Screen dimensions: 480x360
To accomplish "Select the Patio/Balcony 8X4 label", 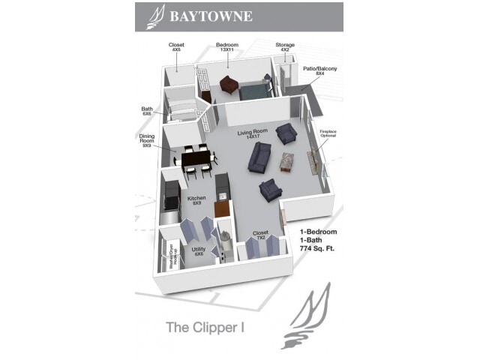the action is click(x=320, y=71).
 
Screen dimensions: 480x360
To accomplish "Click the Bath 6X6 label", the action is click(x=147, y=111).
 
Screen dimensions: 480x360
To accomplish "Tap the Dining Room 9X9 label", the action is click(x=147, y=140).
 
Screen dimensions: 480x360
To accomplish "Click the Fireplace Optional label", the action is click(x=328, y=134).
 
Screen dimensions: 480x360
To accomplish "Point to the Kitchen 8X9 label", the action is click(x=196, y=201).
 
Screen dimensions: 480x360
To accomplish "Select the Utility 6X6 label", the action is click(x=199, y=252).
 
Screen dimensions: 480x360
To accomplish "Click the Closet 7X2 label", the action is click(x=261, y=235).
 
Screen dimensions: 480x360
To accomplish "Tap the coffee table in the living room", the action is click(x=287, y=161).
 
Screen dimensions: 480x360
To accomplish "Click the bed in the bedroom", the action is click(x=253, y=91).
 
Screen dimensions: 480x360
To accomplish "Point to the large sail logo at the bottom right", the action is click(x=305, y=319).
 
